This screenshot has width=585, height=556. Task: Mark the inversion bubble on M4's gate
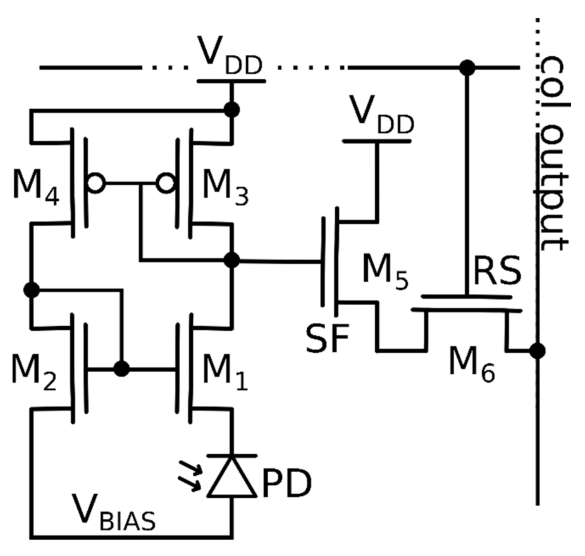(x=96, y=183)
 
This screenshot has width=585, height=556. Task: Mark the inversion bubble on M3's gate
(x=165, y=183)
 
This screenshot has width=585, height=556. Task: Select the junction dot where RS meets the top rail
(x=467, y=68)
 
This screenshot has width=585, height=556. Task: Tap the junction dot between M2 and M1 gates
(x=121, y=369)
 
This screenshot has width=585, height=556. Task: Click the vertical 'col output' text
(x=553, y=153)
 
